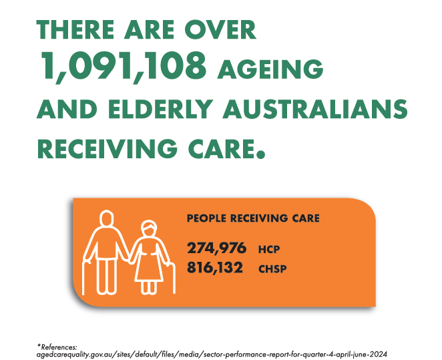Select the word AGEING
pos(270,69)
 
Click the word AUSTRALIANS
pos(315,109)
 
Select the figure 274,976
pos(217,248)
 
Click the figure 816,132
pos(215,268)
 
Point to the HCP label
pos(269,250)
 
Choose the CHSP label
pos(272,268)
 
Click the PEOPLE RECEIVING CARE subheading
pos(253,218)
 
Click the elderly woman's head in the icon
pos(149,228)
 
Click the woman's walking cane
pos(172,279)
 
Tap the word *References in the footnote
pos(57,347)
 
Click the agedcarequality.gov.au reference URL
pos(212,354)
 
